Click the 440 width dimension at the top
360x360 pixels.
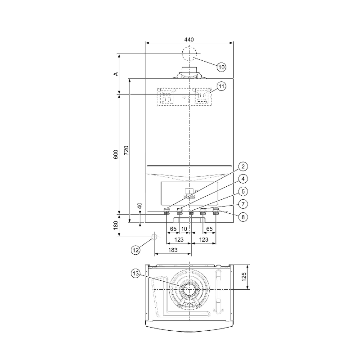click(189, 40)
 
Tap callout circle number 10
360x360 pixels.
click(221, 67)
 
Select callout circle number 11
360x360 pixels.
click(221, 86)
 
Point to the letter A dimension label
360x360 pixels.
click(116, 74)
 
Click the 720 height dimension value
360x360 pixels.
click(126, 150)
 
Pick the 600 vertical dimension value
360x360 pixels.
click(116, 154)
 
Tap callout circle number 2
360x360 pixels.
click(243, 166)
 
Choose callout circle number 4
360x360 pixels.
click(243, 179)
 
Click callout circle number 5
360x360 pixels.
click(243, 191)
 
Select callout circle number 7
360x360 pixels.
click(243, 204)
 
